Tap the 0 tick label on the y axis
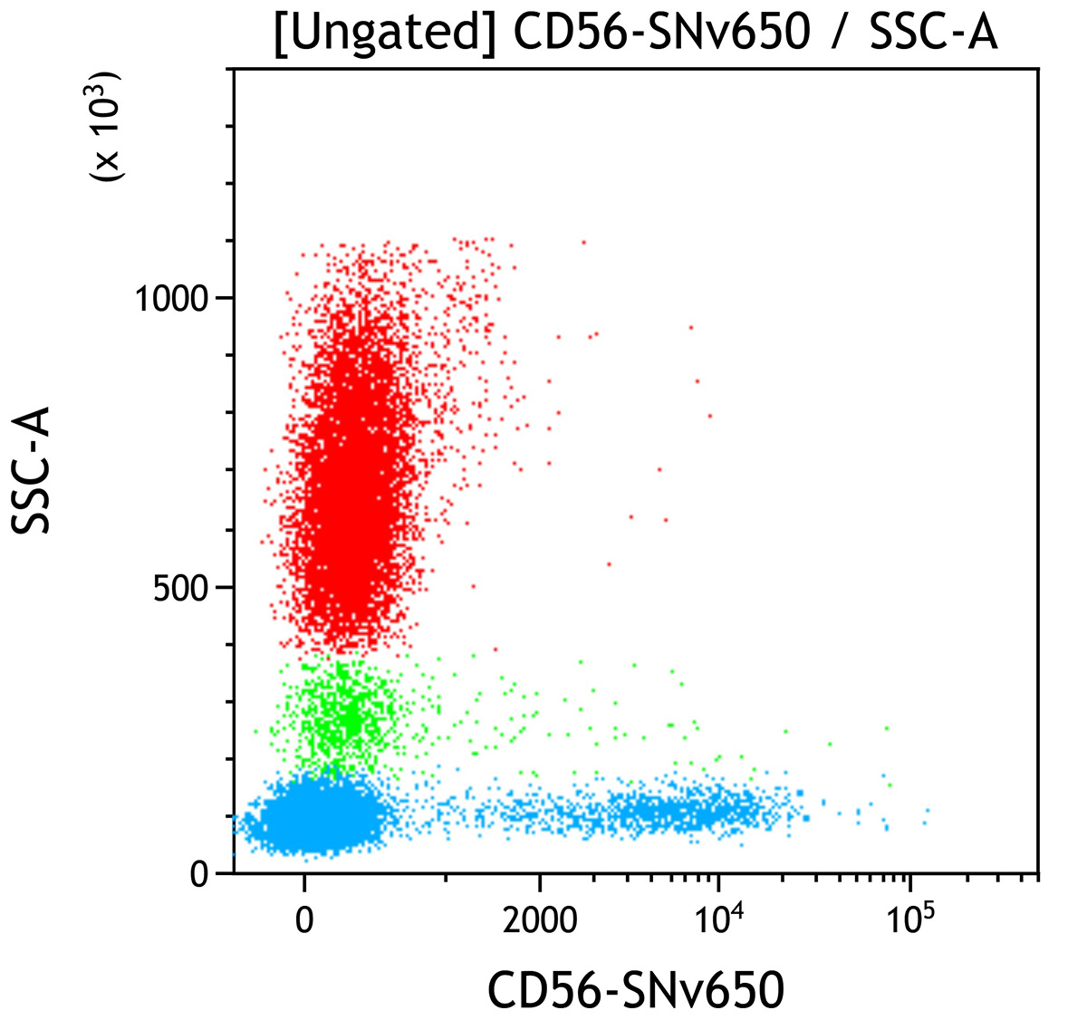coord(199,875)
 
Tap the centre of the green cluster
coord(344,716)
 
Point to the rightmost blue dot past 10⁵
coord(927,811)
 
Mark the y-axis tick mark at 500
coord(226,588)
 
